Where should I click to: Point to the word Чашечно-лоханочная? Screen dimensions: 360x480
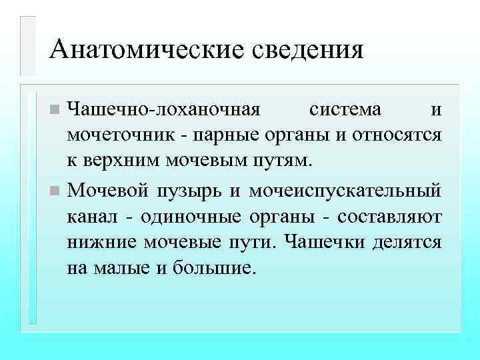coord(165,108)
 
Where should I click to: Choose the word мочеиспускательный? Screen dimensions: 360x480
coord(344,191)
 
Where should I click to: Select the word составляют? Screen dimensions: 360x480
coord(389,217)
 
